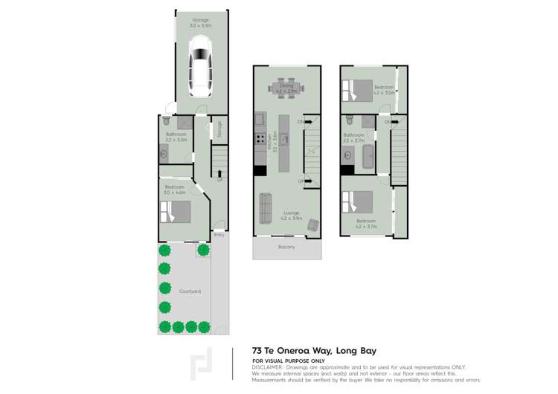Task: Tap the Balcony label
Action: click(287, 247)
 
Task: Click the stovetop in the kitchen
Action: click(261, 138)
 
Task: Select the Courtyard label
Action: click(190, 291)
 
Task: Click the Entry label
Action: click(219, 236)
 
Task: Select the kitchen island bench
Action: click(283, 141)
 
